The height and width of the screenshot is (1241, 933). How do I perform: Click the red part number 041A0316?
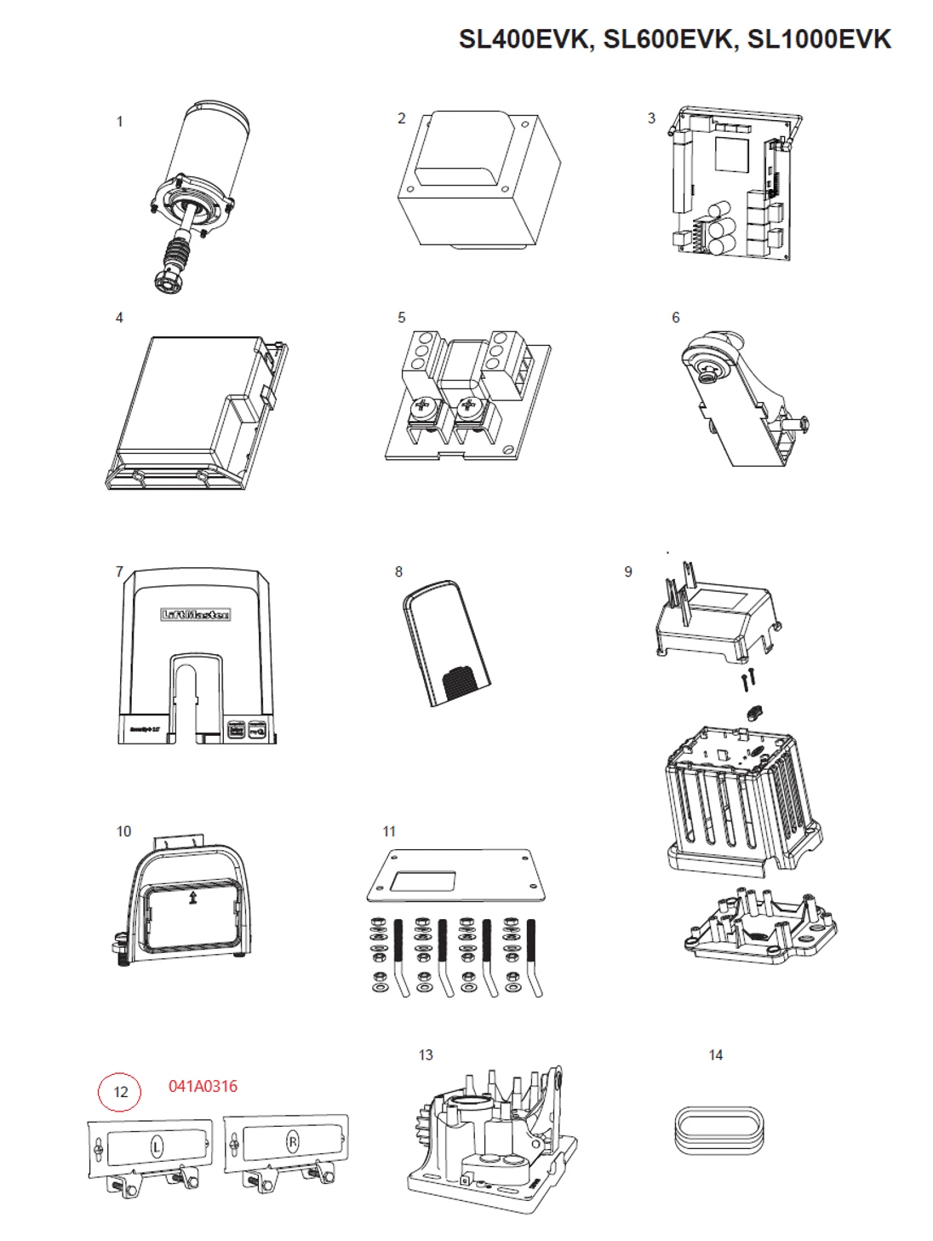[203, 1086]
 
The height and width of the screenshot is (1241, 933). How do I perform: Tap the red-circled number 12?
[120, 1092]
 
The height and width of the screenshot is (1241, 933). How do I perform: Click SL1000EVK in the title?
[819, 39]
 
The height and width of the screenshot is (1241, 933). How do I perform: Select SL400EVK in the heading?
[524, 39]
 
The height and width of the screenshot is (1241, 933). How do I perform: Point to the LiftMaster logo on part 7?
[196, 614]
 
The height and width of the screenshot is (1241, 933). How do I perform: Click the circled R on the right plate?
[293, 1142]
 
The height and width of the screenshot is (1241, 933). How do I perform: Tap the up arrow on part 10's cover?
[193, 897]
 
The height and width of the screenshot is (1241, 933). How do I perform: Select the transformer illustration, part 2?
[479, 181]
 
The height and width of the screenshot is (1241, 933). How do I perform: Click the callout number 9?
[628, 572]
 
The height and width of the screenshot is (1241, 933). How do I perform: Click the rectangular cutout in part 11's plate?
[426, 882]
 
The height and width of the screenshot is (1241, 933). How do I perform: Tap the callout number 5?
[402, 318]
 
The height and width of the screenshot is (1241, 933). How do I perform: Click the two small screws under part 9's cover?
[747, 681]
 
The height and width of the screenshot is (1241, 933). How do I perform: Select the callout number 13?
[426, 1055]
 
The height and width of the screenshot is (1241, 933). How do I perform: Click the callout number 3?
[651, 118]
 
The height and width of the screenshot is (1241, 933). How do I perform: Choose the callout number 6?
[676, 318]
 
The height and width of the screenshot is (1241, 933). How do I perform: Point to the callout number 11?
[389, 831]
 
